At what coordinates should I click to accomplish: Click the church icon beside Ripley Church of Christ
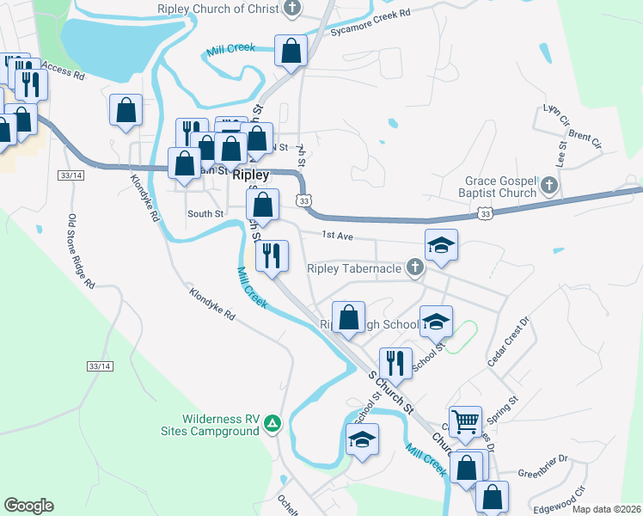[292, 9]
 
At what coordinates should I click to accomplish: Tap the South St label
[205, 213]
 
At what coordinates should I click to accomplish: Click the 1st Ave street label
[335, 235]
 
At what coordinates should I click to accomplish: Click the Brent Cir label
[585, 140]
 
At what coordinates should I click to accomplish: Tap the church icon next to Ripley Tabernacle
[414, 268]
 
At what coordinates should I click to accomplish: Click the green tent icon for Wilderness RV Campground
[273, 422]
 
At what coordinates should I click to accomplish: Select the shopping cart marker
[465, 421]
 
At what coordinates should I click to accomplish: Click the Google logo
[28, 506]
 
